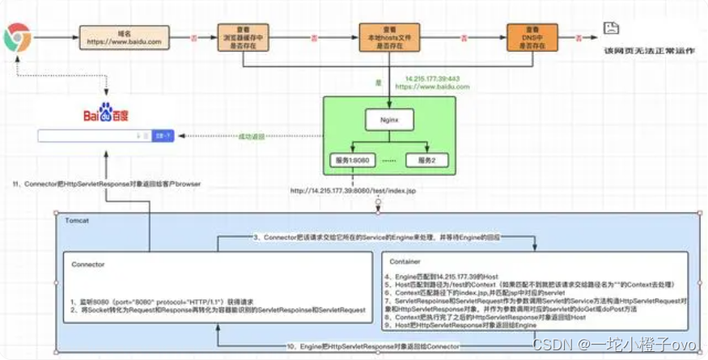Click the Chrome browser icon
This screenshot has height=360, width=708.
click(x=17, y=37)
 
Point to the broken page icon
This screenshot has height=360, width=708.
click(x=613, y=30)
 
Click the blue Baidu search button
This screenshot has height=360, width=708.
click(x=163, y=136)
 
